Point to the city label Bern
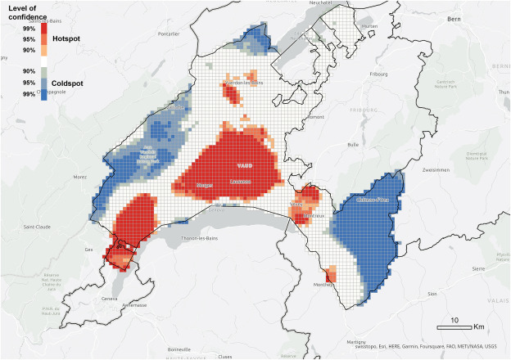tap(478, 16)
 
